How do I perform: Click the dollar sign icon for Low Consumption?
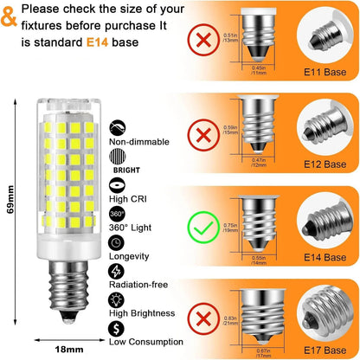point(116,329)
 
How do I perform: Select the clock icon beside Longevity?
point(116,242)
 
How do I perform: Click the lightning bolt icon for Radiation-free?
point(116,271)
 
